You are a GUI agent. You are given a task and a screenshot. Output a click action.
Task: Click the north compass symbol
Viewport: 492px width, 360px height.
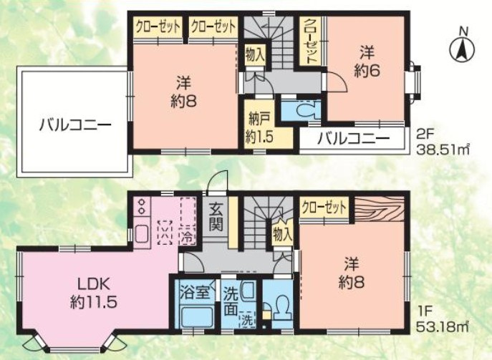click(x=462, y=47)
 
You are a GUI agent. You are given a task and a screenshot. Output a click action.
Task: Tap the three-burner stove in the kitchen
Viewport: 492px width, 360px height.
click(x=140, y=208)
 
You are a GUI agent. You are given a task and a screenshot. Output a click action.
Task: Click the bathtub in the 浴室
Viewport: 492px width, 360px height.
click(x=194, y=316)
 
